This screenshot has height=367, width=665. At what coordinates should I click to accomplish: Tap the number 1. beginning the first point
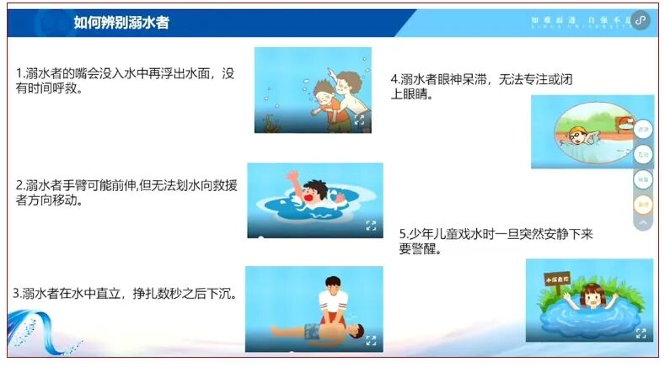(x=20, y=73)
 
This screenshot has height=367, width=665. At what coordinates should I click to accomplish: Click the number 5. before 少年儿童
(x=404, y=234)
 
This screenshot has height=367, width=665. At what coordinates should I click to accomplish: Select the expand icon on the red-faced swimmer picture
(x=371, y=225)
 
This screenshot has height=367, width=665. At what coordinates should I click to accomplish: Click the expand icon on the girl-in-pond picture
(x=641, y=333)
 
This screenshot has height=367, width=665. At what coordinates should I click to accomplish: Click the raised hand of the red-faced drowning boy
(x=292, y=177)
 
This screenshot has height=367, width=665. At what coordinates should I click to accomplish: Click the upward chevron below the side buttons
(x=642, y=224)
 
